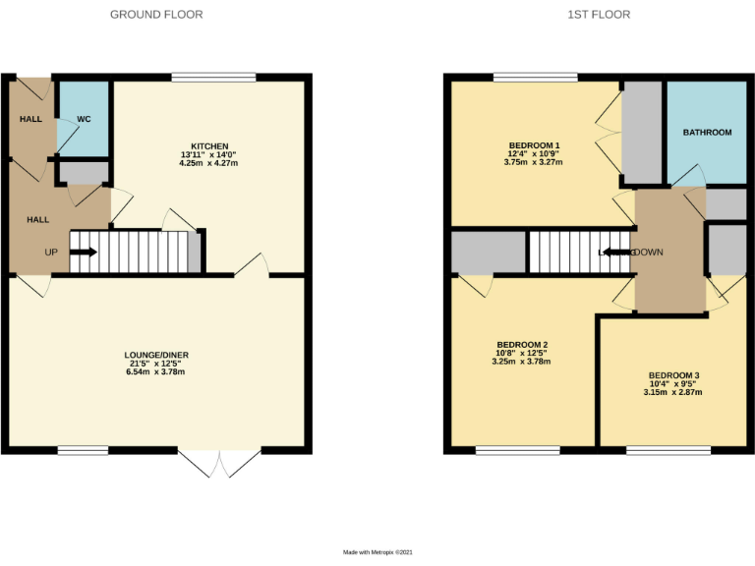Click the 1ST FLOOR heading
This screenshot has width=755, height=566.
pos(598,15)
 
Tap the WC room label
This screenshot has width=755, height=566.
pos(84,119)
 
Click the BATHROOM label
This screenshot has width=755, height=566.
pos(707,132)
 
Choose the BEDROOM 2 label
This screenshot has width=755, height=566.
pos(521,344)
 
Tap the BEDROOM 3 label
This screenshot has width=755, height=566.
pos(673,375)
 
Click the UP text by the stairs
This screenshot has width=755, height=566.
pos(51,252)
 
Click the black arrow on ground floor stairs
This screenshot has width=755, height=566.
pos(85,252)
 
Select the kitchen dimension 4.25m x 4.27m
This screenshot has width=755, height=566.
pos(208,163)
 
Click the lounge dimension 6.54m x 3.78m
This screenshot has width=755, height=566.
pos(155,371)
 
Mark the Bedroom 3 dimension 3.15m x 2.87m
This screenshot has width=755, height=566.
pos(673,392)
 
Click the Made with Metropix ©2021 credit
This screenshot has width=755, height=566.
pos(377,553)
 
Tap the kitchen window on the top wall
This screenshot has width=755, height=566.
pos(213,77)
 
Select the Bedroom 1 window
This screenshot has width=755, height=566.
pos(535,77)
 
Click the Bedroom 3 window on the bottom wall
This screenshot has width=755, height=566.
pos(655,451)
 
